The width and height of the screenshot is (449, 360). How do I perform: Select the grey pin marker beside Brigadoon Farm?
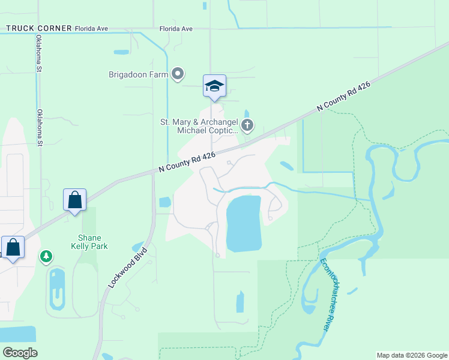(x=178, y=74)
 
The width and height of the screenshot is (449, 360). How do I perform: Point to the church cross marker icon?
(x=247, y=125)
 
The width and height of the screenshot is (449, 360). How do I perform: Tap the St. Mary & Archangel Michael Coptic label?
(x=199, y=125)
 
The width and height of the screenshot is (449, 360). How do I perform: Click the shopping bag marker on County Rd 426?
(x=75, y=200)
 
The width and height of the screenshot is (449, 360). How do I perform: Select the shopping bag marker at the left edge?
(x=13, y=247)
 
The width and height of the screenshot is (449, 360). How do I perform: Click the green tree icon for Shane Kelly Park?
(x=46, y=257)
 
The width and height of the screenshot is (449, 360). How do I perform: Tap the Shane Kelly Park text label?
(x=89, y=242)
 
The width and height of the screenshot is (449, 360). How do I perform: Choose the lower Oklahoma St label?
(x=40, y=128)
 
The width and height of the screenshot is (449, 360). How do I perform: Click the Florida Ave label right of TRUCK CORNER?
(x=176, y=28)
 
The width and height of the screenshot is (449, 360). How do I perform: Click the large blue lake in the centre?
(x=244, y=223)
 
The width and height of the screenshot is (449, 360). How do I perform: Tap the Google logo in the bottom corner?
(x=20, y=353)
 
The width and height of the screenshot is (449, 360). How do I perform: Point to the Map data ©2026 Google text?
(x=411, y=355)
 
